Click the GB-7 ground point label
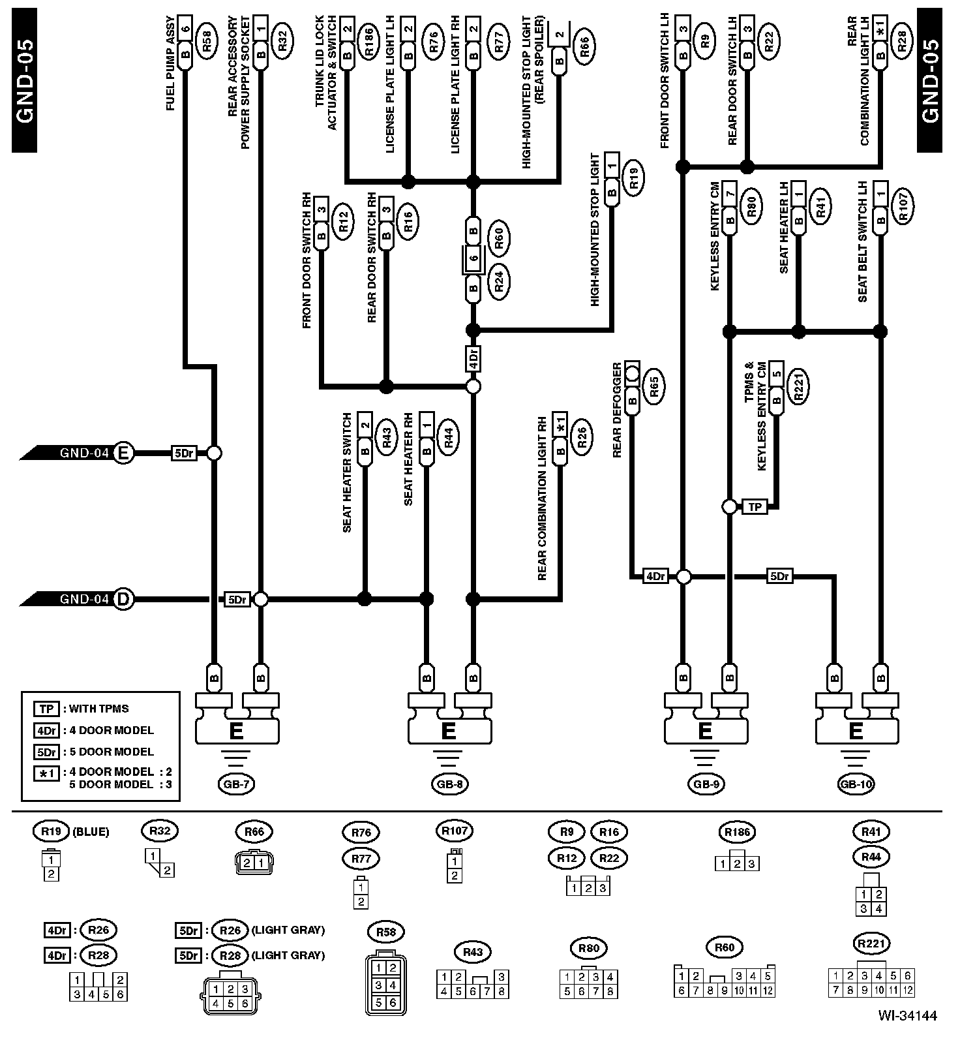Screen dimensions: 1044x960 click(236, 784)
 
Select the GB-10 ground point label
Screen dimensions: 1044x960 click(855, 784)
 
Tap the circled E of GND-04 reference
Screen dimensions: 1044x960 click(123, 453)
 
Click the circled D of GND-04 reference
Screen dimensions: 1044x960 click(123, 599)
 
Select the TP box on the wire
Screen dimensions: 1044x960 click(755, 506)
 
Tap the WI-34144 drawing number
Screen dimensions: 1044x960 click(907, 1016)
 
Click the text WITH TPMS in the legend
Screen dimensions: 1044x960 click(99, 709)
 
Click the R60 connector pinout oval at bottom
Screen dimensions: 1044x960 click(725, 947)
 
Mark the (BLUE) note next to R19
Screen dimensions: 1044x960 click(91, 831)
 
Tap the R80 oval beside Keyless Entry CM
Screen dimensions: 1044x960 click(751, 206)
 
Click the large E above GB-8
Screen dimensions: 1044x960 click(449, 731)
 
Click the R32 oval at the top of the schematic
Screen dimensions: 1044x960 click(282, 40)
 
